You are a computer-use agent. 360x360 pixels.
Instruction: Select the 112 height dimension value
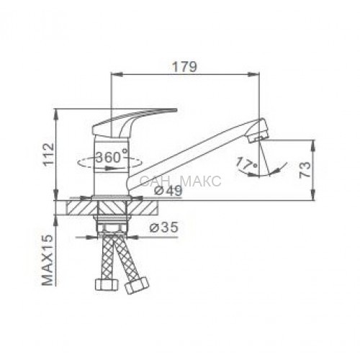tap(49, 153)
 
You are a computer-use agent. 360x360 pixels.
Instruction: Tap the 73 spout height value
tap(305, 170)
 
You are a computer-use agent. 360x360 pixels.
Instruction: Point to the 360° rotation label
tap(112, 157)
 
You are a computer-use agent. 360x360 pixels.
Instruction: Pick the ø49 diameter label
tap(168, 191)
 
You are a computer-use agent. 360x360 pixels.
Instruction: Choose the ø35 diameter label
tap(164, 227)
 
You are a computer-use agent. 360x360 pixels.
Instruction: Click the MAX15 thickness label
tap(48, 260)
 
